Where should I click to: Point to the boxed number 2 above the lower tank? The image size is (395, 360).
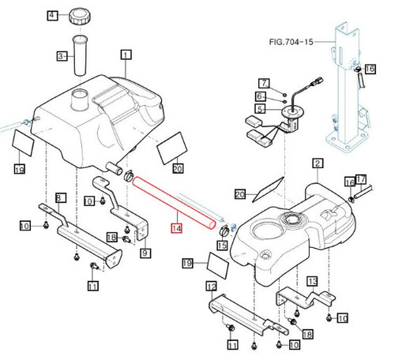click(318, 164)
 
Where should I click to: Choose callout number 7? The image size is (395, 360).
click(265, 83)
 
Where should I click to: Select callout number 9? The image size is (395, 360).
click(145, 253)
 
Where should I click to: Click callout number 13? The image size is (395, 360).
click(312, 282)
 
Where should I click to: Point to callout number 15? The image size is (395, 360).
click(223, 246)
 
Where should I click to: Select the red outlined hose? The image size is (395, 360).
click(174, 203)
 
